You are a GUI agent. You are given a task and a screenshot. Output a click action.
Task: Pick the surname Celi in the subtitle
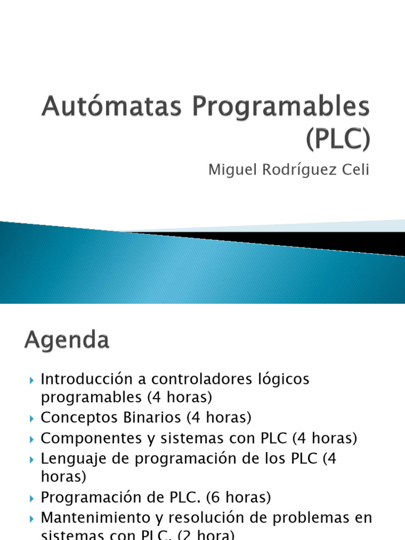(x=355, y=170)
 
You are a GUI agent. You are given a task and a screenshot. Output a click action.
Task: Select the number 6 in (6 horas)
(x=216, y=497)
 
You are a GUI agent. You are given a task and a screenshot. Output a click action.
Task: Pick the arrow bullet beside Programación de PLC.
(x=31, y=498)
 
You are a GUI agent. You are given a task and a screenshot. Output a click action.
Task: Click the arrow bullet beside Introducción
(x=31, y=380)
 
